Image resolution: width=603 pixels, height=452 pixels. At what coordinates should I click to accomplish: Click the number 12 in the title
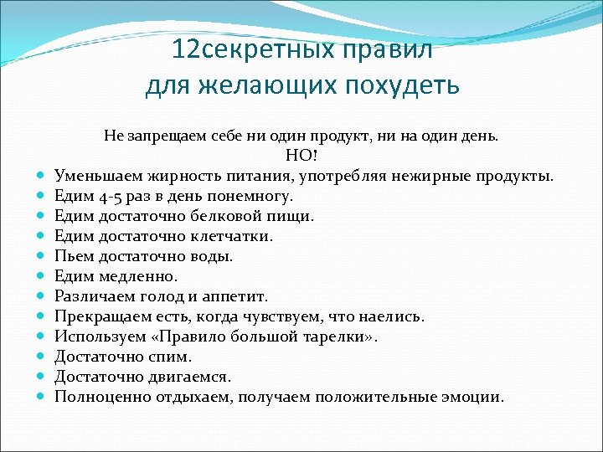tap(187, 50)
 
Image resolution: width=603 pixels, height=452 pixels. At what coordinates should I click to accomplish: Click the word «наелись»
tap(392, 316)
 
